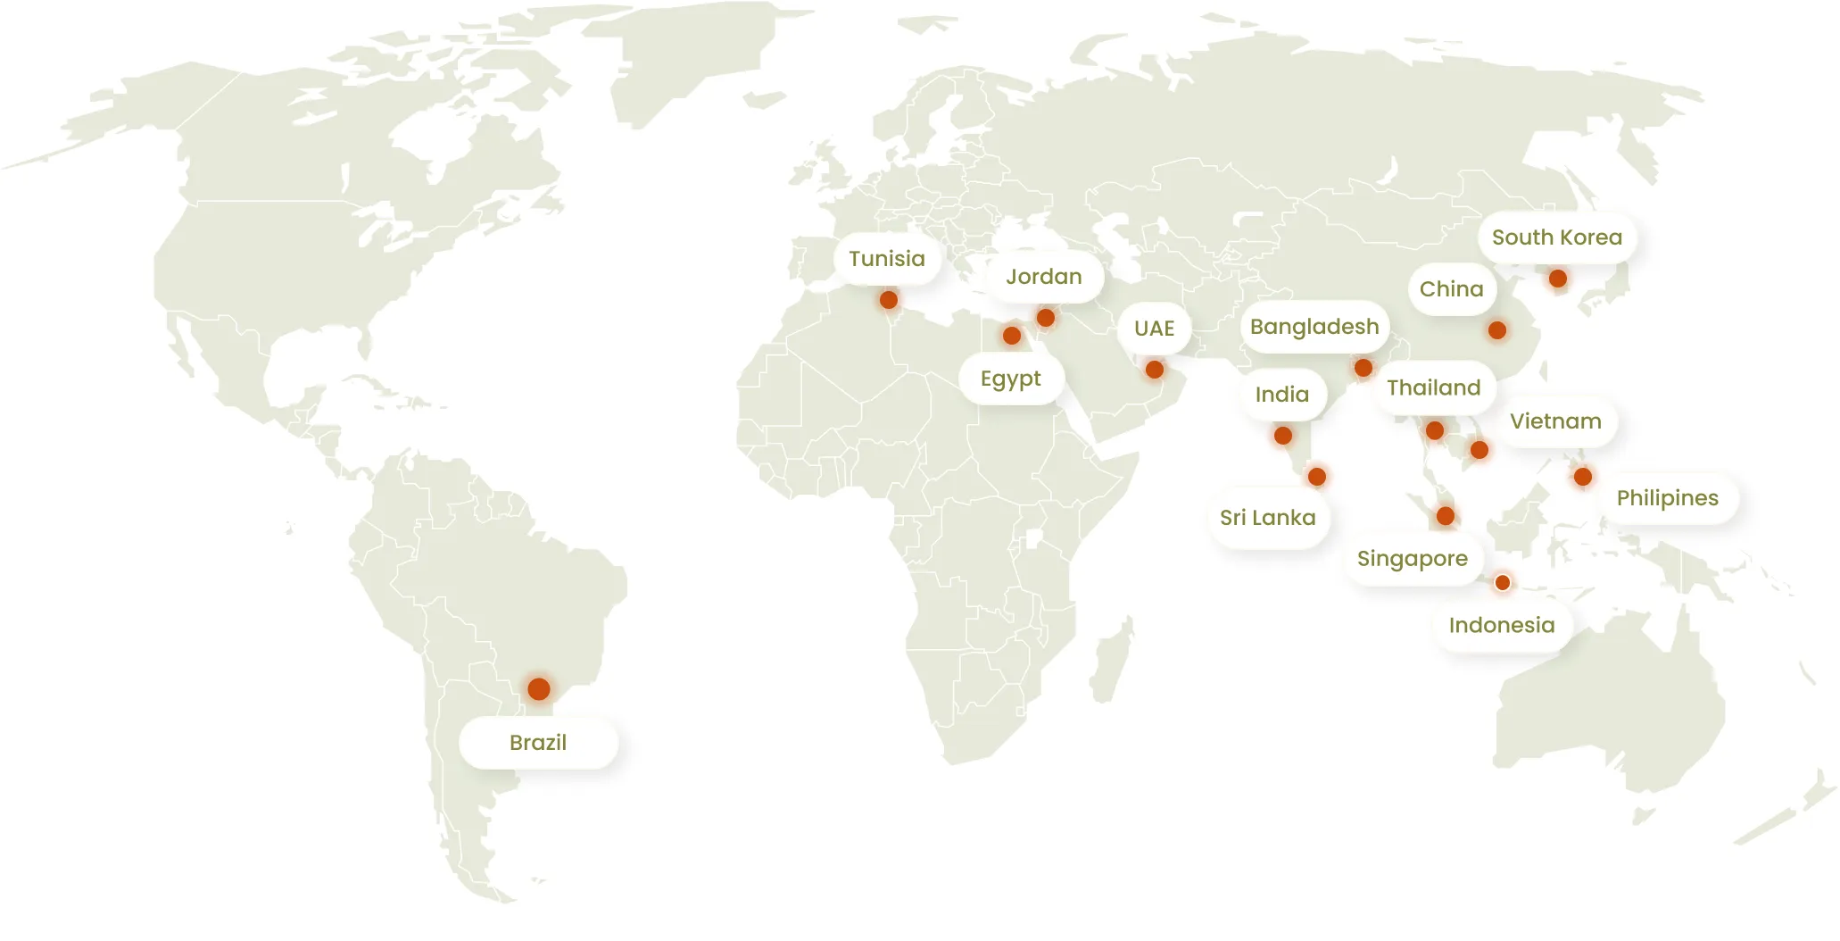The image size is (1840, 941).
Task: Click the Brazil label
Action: point(538,743)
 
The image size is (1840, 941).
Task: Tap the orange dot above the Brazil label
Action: point(538,689)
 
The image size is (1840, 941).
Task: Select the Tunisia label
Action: point(887,259)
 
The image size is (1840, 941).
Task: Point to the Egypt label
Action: point(1010,379)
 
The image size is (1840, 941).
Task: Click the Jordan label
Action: point(1044,277)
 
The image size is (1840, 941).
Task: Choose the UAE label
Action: point(1154,329)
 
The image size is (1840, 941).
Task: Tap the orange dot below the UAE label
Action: point(1154,370)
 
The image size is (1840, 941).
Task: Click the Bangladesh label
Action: point(1314,327)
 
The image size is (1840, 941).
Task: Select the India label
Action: point(1282,395)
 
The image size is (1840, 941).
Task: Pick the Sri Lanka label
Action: point(1267,518)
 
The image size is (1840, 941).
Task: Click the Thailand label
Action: point(1433,387)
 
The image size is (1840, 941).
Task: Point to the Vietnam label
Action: point(1555,421)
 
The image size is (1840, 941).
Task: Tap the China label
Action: point(1451,289)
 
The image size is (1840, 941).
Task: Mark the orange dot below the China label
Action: point(1497,330)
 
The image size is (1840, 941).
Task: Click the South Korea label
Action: point(1557,237)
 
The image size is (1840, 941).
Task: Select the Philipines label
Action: point(1667,498)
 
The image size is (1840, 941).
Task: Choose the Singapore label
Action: point(1412,559)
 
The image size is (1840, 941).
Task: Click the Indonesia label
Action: point(1502,625)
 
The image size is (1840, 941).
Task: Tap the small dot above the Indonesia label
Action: point(1503,583)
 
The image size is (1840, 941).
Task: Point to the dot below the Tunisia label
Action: point(889,300)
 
